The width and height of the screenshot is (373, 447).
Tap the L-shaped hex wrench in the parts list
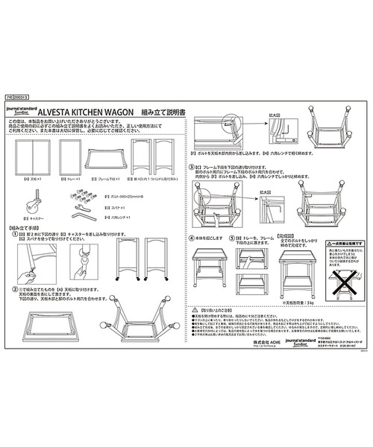click(84, 214)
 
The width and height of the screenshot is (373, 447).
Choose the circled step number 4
click(192, 238)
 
